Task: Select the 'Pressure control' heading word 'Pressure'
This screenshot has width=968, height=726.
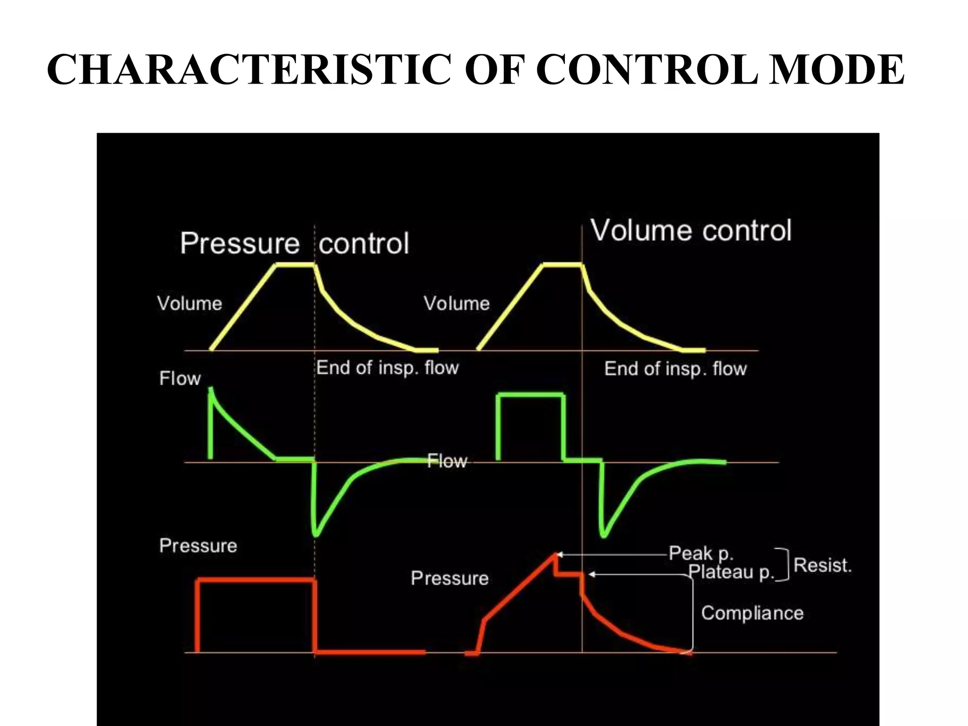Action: pos(240,243)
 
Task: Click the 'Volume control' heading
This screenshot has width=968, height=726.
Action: pos(691,231)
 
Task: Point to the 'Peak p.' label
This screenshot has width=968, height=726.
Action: pos(700,553)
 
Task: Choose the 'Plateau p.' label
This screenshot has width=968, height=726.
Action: pos(731,572)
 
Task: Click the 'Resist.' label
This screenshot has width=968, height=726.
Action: pos(822,565)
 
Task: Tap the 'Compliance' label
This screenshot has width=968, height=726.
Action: pos(752,613)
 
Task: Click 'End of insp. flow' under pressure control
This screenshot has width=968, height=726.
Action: pos(387,368)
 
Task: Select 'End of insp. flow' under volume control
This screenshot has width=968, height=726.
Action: pos(675,369)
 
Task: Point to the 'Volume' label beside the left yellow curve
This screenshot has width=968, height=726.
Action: pos(190,303)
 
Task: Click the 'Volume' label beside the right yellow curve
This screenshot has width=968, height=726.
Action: pos(457,303)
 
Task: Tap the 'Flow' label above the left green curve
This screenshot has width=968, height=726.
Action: pos(180,379)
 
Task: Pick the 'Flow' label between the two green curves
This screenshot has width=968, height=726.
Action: pos(447,461)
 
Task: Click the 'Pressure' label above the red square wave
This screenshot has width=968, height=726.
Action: pos(198,546)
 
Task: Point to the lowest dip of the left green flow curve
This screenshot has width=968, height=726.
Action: pos(316,535)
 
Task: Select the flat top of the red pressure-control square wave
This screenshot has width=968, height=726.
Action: pos(256,579)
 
